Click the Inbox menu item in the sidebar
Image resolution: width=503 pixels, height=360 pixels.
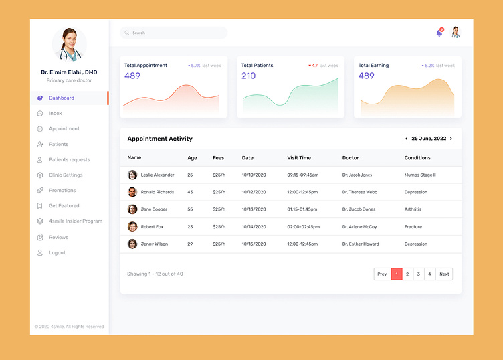pos(55,114)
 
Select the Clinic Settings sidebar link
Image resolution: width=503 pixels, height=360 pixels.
pos(65,175)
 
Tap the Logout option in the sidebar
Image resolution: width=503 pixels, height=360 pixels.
pos(57,253)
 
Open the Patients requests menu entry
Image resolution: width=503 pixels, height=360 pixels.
pos(69,160)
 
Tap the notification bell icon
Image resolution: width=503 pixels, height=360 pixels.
pos(439,33)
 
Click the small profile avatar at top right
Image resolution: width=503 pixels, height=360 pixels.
pos(456,32)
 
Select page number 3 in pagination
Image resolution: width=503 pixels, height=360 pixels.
pos(419,274)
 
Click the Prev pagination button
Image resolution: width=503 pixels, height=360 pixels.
pos(382,274)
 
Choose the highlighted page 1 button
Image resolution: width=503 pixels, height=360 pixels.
pos(397,274)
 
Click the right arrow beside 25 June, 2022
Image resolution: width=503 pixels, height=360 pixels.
pos(451,139)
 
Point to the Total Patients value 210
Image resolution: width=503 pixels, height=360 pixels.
pos(248,76)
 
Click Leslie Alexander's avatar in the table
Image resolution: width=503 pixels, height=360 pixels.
pos(132,175)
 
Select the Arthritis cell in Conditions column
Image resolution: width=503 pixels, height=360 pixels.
pos(413,209)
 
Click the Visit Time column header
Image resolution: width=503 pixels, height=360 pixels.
pos(299,158)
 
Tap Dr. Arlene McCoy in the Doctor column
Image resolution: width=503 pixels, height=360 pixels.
pos(359,227)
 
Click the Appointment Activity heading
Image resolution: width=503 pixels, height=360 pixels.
pos(160,139)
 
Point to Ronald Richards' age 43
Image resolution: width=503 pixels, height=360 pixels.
pos(190,192)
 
